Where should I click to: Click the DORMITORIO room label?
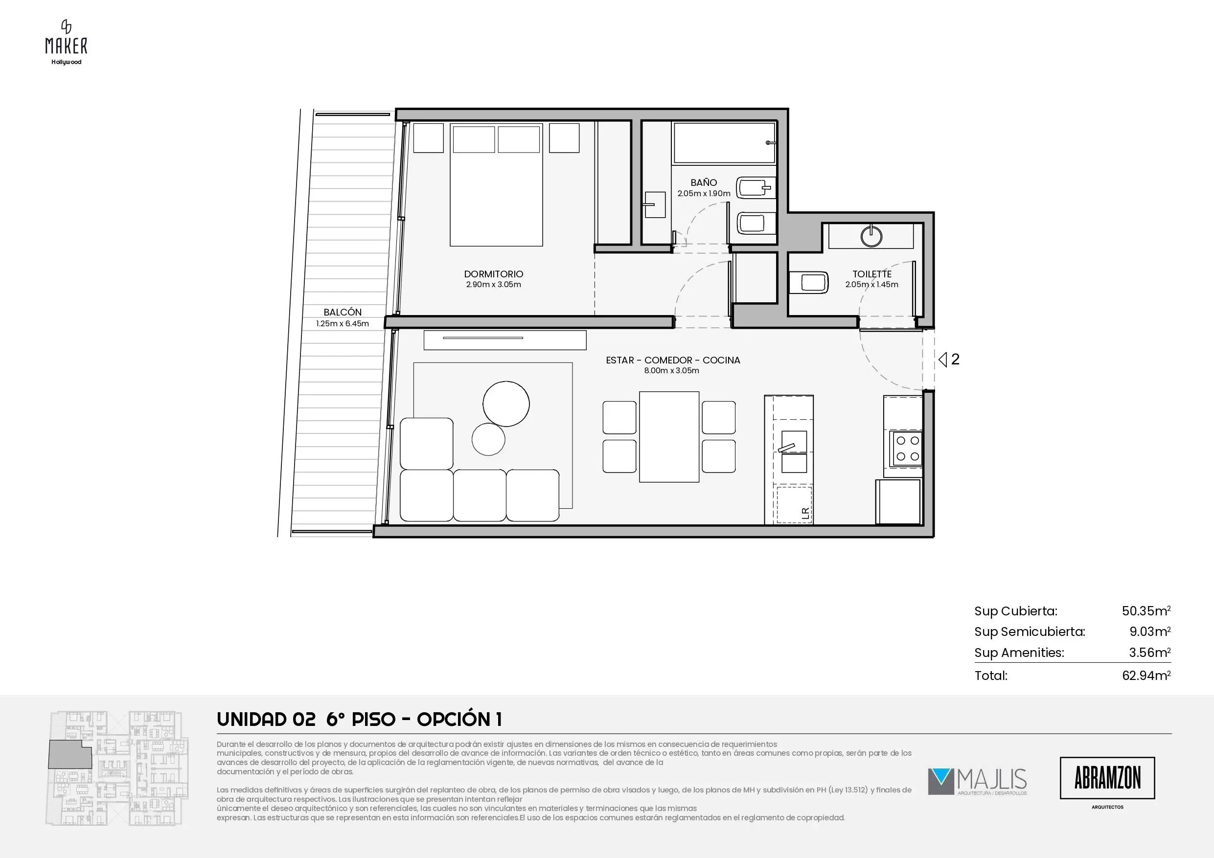tap(493, 274)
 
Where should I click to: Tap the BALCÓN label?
tap(343, 312)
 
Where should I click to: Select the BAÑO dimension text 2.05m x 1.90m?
tap(704, 194)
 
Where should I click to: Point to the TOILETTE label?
tap(872, 274)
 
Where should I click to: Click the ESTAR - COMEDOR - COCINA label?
tap(672, 360)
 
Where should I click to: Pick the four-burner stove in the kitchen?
tap(907, 448)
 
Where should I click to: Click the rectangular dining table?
tap(669, 437)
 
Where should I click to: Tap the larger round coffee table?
tap(506, 404)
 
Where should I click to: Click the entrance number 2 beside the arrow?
tap(955, 360)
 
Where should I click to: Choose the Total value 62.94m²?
tap(1146, 675)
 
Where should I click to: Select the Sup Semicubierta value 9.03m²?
tap(1149, 631)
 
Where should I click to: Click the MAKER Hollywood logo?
tap(66, 42)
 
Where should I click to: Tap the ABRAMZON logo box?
tap(1107, 778)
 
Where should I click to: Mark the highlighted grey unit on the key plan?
tap(70, 754)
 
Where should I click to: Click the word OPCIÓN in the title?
tap(454, 719)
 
